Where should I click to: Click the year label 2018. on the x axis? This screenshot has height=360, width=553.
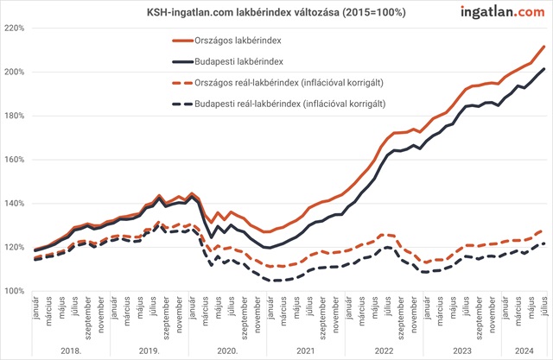click(x=72, y=351)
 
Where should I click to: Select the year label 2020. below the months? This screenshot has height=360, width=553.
click(x=227, y=351)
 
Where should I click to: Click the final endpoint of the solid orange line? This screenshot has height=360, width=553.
click(x=543, y=47)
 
